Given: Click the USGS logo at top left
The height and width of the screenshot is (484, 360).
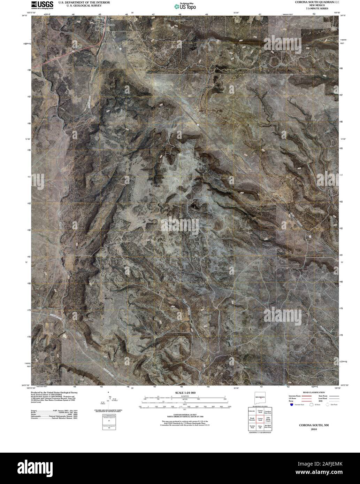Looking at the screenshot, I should click(42, 5).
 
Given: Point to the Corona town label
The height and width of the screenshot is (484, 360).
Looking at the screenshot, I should click(110, 25).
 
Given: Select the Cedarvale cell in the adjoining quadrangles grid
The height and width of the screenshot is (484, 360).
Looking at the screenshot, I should click(252, 411).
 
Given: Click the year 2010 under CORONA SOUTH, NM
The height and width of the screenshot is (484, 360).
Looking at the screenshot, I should click(309, 429).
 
